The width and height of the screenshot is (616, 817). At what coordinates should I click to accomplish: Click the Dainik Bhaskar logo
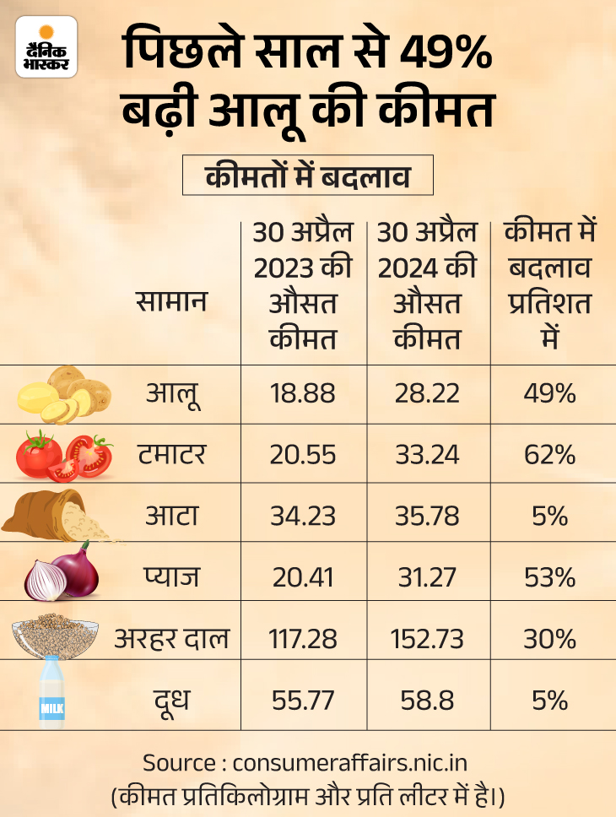pos(46,48)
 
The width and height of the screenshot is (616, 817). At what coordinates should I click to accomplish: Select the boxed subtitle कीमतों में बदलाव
pos(307,178)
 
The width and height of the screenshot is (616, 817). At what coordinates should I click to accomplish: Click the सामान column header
pos(171,302)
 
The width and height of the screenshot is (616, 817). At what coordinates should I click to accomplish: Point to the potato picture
pos(64,394)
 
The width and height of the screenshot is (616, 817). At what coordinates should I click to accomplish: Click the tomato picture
pos(64,455)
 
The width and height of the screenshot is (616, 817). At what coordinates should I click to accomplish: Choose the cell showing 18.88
pos(302,393)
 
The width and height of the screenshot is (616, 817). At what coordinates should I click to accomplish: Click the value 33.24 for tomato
pos(427,455)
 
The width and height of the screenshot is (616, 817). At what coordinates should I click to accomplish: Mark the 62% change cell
pos(553,455)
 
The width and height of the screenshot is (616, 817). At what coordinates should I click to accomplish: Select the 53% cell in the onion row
pos(553,577)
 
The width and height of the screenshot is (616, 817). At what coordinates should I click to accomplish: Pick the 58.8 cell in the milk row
pos(427,700)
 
